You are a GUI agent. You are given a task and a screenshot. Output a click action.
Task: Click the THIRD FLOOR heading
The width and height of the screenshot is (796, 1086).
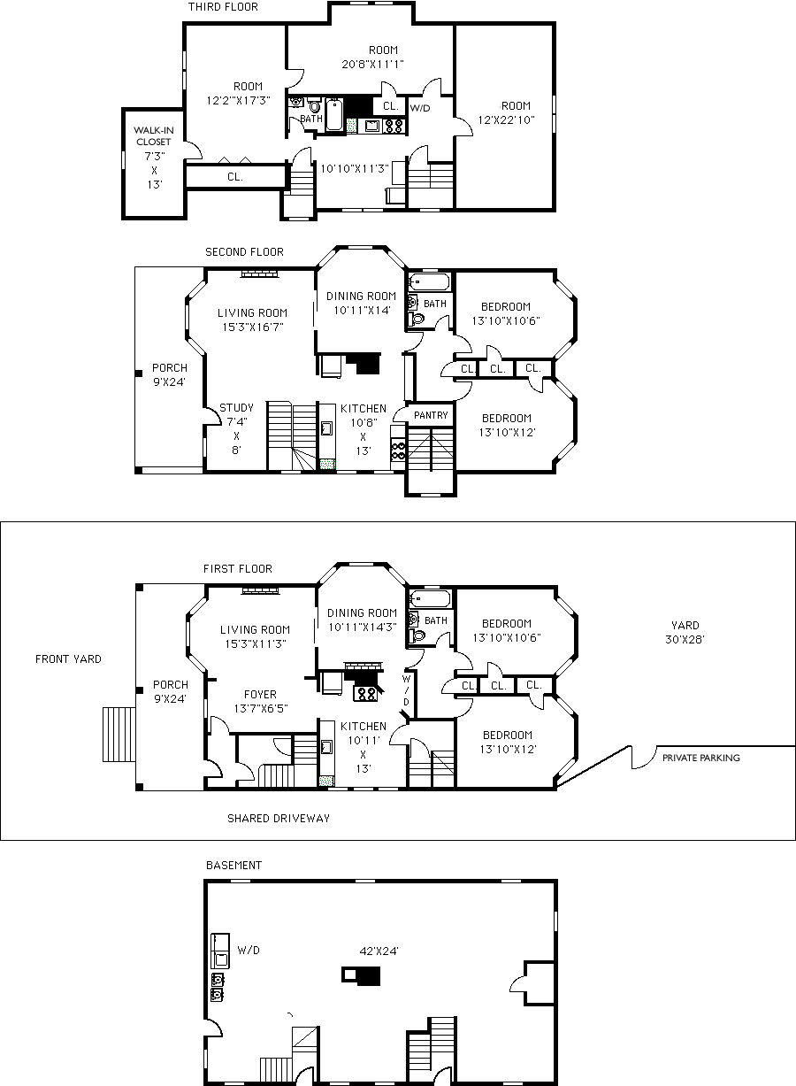223,7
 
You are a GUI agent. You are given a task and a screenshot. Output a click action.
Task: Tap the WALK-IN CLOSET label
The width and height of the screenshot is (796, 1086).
154,135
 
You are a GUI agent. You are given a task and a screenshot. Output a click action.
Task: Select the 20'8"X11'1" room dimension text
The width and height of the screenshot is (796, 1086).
372,64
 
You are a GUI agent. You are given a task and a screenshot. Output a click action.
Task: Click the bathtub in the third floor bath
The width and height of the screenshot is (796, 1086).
334,114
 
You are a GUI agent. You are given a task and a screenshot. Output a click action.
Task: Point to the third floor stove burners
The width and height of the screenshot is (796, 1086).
393,126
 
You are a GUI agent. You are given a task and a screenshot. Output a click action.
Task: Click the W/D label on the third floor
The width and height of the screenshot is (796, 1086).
420,108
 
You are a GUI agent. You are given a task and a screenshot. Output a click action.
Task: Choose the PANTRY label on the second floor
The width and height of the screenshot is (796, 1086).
431,415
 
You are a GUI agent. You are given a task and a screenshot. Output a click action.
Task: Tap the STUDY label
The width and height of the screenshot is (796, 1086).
236,408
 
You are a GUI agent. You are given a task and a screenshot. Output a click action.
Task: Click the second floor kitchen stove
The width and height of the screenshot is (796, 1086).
398,449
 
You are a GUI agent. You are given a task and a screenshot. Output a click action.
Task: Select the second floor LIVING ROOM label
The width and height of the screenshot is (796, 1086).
252,312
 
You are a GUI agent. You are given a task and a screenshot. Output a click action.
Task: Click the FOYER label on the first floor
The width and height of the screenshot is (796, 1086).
260,694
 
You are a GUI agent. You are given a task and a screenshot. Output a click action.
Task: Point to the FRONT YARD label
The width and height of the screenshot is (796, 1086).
68,659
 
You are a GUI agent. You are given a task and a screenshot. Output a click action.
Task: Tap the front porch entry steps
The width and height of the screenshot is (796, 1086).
119,734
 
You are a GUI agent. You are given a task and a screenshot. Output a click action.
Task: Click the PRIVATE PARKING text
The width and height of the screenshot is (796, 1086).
701,758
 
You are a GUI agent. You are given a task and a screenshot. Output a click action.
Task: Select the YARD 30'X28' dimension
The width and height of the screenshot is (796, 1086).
685,632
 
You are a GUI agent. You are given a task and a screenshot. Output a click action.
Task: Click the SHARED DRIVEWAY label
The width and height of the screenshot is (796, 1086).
279,819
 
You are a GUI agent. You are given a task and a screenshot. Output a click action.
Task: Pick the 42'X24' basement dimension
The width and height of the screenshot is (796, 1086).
379,951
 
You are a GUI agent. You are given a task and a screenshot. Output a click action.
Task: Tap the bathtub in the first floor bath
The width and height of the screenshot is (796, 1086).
430,598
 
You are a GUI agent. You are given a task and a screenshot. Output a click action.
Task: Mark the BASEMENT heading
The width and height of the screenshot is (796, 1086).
234,866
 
